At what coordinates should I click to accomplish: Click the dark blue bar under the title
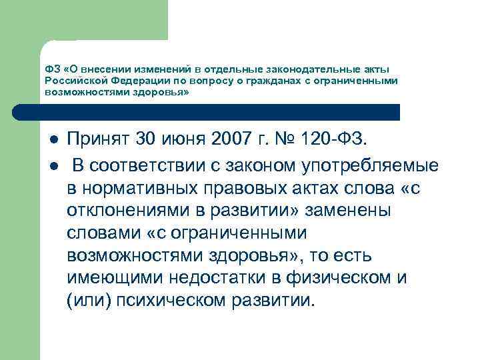click(x=220, y=111)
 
